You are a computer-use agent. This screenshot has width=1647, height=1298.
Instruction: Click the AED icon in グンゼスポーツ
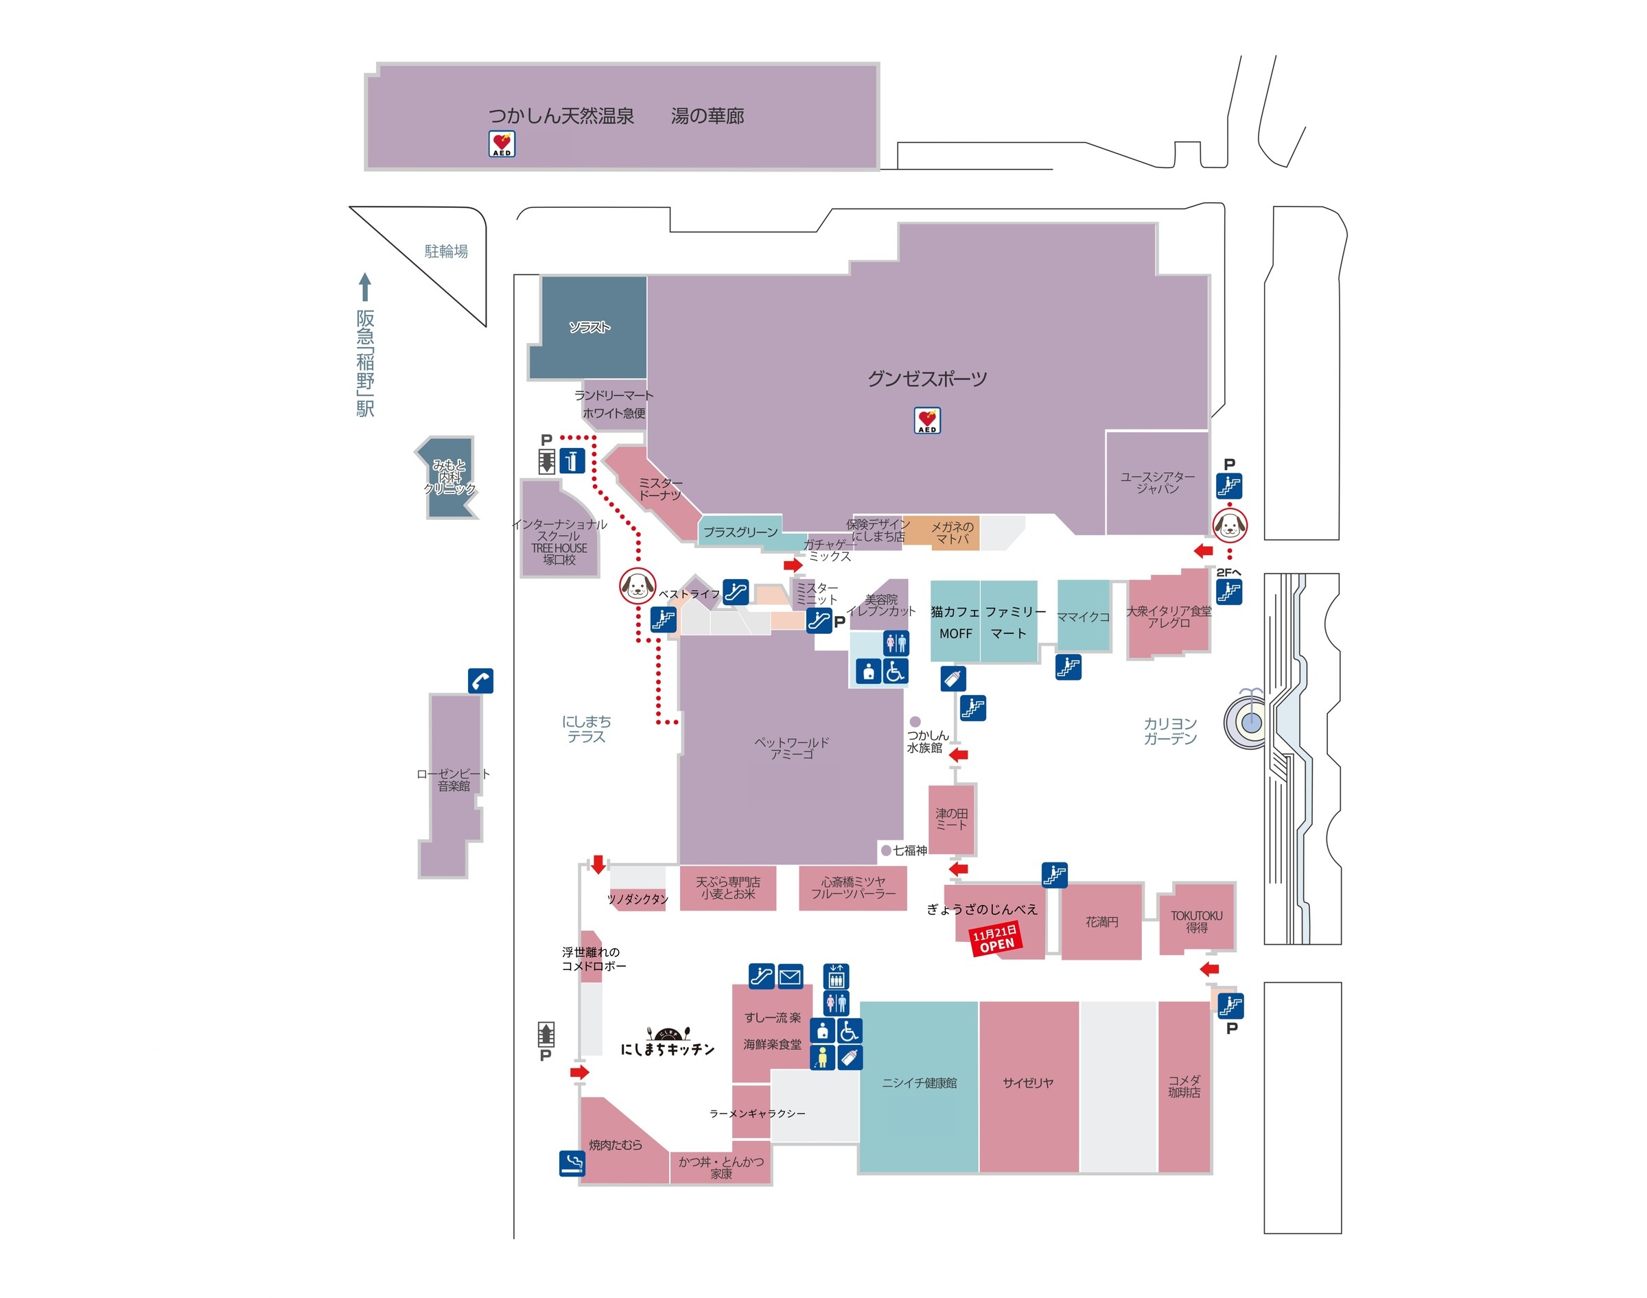pyautogui.click(x=926, y=421)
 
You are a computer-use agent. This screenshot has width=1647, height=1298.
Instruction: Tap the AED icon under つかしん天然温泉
pyautogui.click(x=502, y=143)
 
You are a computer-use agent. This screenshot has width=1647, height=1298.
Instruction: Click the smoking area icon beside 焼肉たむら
pyautogui.click(x=572, y=1164)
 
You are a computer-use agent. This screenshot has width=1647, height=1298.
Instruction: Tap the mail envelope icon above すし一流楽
pyautogui.click(x=790, y=976)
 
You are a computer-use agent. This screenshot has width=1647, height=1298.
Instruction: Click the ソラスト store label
pyautogui.click(x=589, y=327)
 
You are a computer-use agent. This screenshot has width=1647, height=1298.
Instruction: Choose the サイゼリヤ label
pyautogui.click(x=1027, y=1083)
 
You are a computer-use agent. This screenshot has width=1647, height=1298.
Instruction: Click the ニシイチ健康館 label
pyautogui.click(x=919, y=1083)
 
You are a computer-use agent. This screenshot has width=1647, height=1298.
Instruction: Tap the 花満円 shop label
pyautogui.click(x=1101, y=922)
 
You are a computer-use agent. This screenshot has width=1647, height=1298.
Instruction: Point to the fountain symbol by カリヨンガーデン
pyautogui.click(x=1250, y=720)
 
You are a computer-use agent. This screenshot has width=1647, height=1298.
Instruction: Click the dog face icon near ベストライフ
pyautogui.click(x=637, y=586)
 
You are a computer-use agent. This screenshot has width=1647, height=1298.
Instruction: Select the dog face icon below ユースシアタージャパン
pyautogui.click(x=1229, y=524)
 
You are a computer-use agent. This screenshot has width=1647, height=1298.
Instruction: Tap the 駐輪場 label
pyautogui.click(x=446, y=252)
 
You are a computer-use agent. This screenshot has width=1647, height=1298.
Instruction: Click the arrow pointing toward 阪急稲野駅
pyautogui.click(x=365, y=287)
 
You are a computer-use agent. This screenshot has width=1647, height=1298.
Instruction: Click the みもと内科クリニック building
pyautogui.click(x=449, y=477)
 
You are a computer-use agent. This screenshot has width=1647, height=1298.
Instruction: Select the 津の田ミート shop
pyautogui.click(x=952, y=819)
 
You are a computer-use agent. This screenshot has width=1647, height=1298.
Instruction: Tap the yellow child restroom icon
pyautogui.click(x=822, y=1057)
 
